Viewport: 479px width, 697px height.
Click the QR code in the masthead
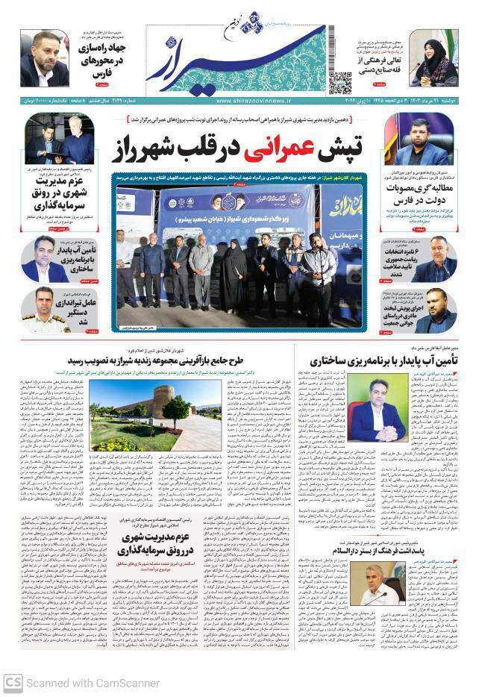(x=339, y=81)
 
